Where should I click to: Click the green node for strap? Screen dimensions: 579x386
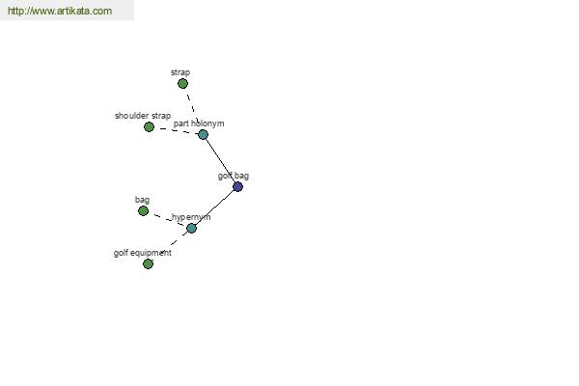[182, 84]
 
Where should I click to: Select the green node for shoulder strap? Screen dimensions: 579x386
[149, 127]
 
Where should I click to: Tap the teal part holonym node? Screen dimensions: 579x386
[203, 134]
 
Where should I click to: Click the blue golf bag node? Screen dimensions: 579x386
[237, 187]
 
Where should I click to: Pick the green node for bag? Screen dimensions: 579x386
[143, 211]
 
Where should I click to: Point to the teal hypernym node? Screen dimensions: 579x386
[191, 229]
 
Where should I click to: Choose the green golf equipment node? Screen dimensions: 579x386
[148, 263]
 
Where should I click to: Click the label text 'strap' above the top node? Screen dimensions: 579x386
[180, 72]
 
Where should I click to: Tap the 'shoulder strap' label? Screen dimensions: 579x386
[143, 116]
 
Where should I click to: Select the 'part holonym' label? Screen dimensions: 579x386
[199, 124]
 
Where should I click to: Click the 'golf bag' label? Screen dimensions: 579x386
[234, 177]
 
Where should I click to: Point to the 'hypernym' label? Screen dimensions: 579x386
[191, 217]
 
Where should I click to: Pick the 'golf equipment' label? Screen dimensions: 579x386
[143, 253]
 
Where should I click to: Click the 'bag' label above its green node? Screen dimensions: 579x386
[142, 200]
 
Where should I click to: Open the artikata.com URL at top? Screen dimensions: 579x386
[60, 11]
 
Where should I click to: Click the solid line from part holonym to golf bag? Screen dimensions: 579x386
[220, 161]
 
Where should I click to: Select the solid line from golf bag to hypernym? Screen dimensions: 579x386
[214, 207]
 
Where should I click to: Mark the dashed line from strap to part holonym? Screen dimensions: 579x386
[193, 109]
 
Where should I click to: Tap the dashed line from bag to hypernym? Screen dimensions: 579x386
[168, 220]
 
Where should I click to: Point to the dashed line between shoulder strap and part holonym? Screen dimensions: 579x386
[178, 131]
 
